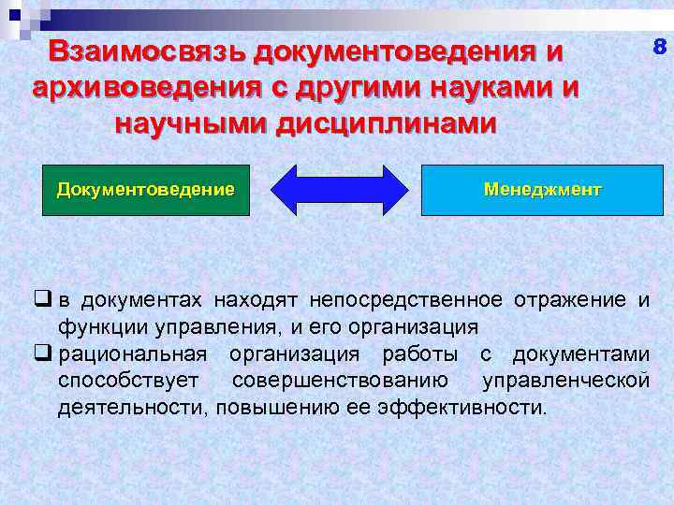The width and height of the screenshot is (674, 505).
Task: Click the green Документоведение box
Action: (x=146, y=190)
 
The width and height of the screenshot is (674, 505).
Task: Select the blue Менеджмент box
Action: (x=543, y=190)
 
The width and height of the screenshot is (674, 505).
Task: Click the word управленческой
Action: (x=565, y=382)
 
